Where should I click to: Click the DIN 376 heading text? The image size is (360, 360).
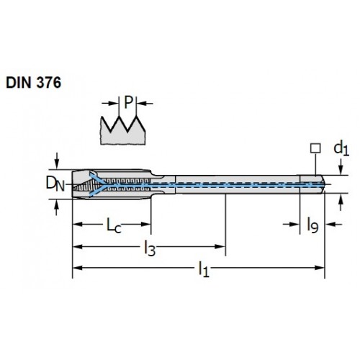click(x=34, y=83)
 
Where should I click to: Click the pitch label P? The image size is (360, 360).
click(x=128, y=102)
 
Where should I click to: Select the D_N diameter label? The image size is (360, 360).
click(x=55, y=184)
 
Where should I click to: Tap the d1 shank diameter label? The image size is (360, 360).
click(x=341, y=149)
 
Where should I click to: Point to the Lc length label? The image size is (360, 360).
click(x=114, y=225)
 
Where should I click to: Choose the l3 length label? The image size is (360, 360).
click(x=150, y=248)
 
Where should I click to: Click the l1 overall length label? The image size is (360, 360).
click(x=204, y=269)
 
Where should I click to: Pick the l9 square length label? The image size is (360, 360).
click(x=313, y=225)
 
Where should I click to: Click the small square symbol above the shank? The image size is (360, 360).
click(x=315, y=148)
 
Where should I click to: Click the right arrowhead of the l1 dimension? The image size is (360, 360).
click(x=320, y=268)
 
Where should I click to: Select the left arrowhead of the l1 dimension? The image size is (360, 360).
click(x=78, y=268)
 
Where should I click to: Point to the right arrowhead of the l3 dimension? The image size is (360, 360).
click(x=220, y=246)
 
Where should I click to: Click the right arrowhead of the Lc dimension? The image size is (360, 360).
click(x=146, y=225)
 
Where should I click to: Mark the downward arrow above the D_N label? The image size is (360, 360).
click(x=57, y=161)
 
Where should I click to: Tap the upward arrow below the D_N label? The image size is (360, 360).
click(x=57, y=207)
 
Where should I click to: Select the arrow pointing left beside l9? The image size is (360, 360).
click(x=333, y=225)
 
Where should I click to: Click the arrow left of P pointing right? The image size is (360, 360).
click(x=110, y=104)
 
